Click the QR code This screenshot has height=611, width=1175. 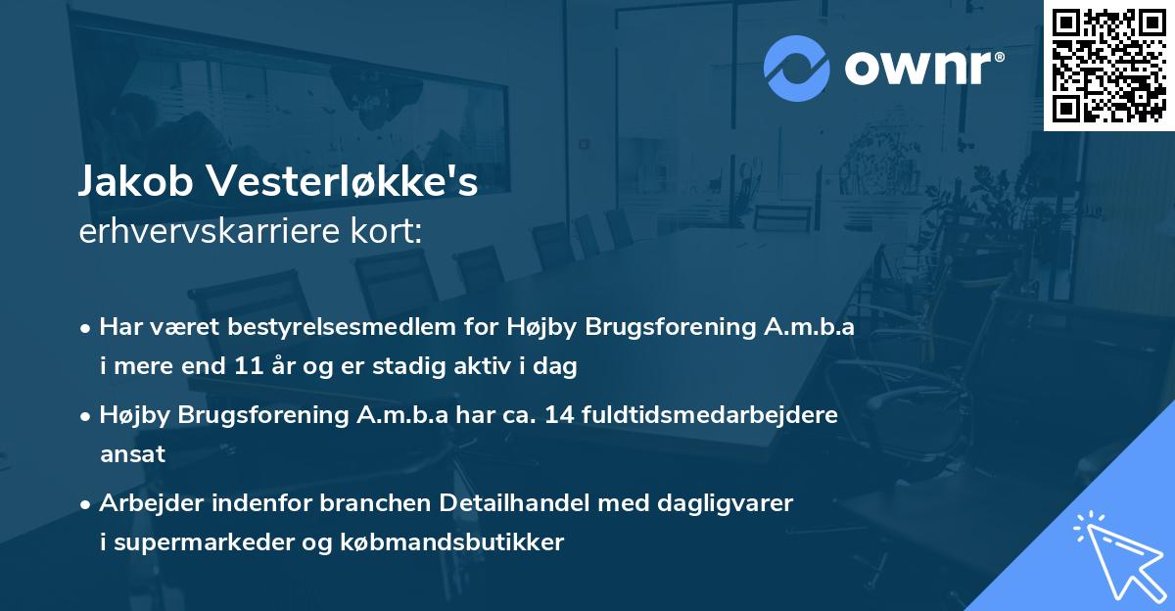point(1108,66)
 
